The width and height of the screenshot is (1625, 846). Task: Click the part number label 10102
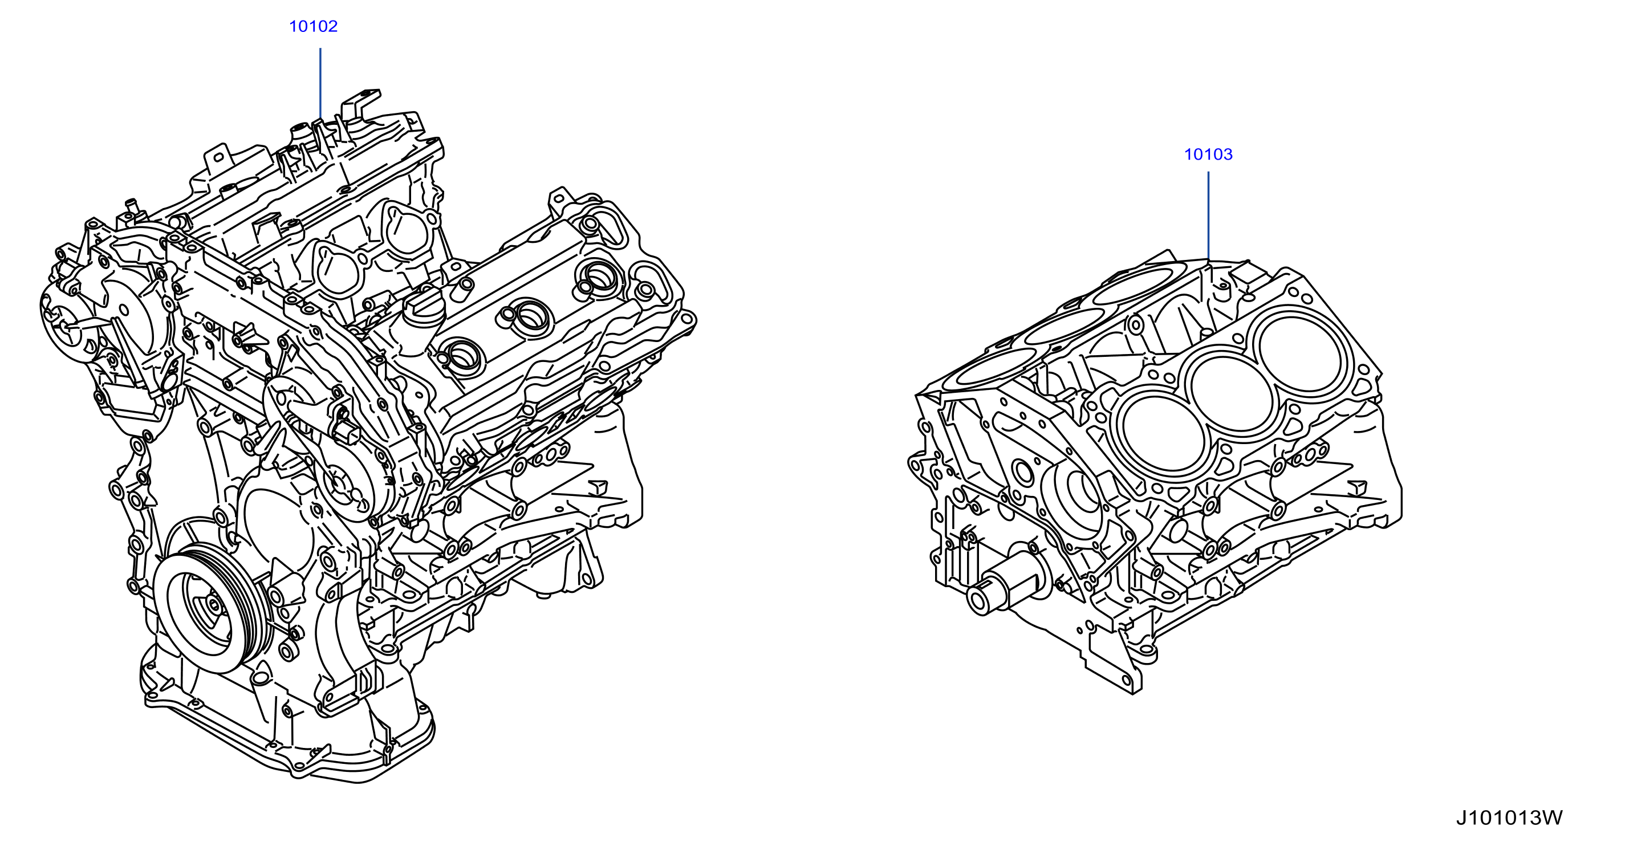[x=313, y=26]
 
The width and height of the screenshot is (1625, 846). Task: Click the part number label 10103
[x=1208, y=154]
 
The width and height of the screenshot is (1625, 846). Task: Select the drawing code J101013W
[x=1509, y=817]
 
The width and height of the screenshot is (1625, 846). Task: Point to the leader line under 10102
[x=320, y=83]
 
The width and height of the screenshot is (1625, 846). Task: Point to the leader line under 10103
[x=1208, y=215]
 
